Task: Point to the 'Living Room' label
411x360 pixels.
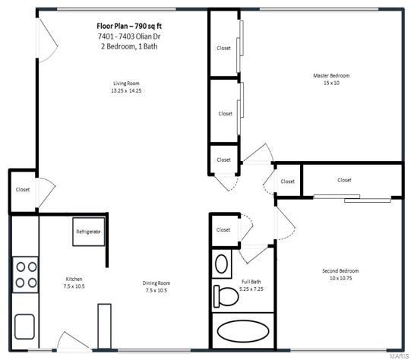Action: coord(126,84)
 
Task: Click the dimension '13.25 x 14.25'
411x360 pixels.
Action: coord(126,91)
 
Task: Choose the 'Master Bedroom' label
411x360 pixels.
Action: coord(331,75)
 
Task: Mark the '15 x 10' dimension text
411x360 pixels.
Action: coord(331,83)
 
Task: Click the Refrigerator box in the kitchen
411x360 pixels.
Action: coord(88,232)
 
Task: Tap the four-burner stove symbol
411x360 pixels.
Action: coord(26,274)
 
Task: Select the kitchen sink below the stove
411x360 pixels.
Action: coord(24,327)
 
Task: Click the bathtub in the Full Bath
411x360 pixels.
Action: coord(243,332)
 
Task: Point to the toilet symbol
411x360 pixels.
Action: coord(226,293)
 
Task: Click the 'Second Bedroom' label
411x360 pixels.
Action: coord(340,271)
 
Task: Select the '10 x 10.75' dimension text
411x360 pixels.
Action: coord(340,279)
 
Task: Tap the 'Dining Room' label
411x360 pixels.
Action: coord(156,283)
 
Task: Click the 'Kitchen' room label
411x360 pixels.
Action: coord(73,279)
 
